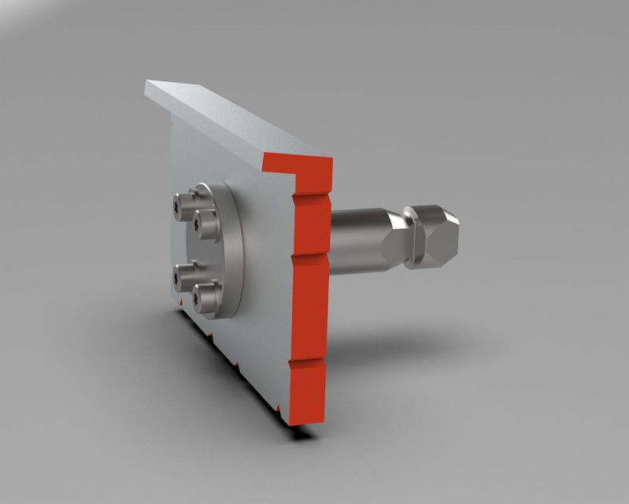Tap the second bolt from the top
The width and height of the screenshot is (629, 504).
pyautogui.click(x=206, y=223)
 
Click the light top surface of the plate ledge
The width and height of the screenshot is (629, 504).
pyautogui.click(x=236, y=118)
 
